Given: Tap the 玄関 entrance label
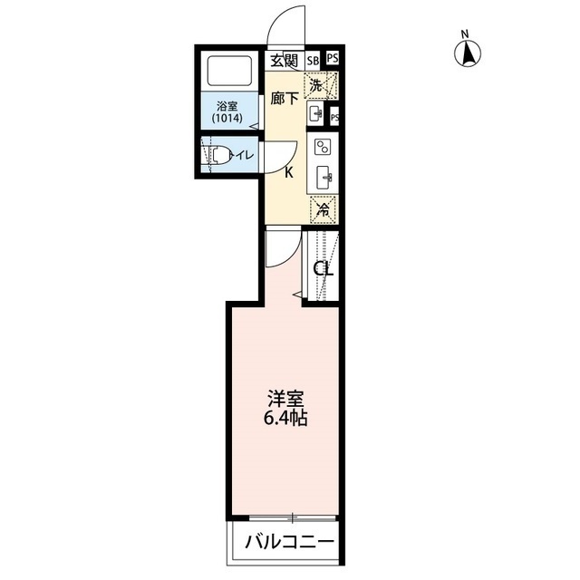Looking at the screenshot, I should pyautogui.click(x=284, y=61).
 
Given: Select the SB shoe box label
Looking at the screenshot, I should pyautogui.click(x=313, y=62).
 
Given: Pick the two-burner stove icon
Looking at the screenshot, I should pyautogui.click(x=322, y=147).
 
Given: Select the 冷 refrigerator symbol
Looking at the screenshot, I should pyautogui.click(x=322, y=209).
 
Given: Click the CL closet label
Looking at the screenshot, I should pyautogui.click(x=324, y=269).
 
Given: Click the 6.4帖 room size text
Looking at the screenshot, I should pyautogui.click(x=285, y=420).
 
